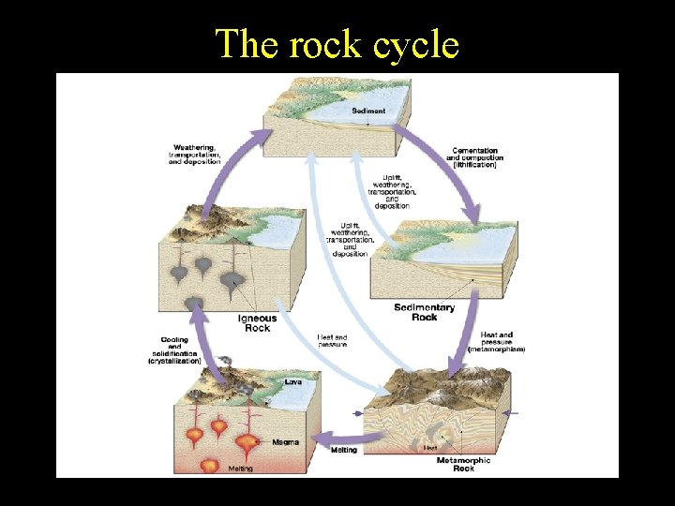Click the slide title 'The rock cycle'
point(337,43)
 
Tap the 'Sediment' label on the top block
point(368,111)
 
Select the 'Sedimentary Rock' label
point(424,312)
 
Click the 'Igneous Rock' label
point(257,323)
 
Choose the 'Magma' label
point(285,441)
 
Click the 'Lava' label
point(293,381)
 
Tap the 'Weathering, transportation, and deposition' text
point(195,155)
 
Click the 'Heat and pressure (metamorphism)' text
point(502,341)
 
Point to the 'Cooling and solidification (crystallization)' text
point(174,350)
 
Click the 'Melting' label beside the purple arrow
point(343,450)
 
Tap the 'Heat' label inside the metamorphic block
point(430,448)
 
